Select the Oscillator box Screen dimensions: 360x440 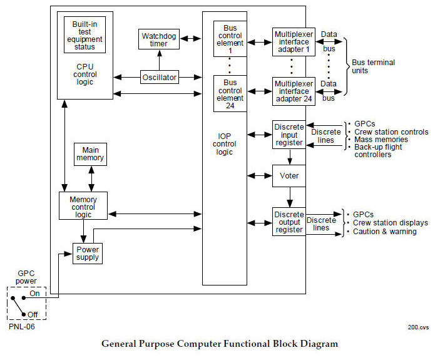click(160, 78)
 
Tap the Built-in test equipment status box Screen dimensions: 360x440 click(84, 34)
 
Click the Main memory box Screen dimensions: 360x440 click(90, 154)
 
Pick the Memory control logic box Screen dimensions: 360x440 click(83, 206)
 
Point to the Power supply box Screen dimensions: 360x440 click(88, 252)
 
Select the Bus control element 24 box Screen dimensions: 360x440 click(230, 93)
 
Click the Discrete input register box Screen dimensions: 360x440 click(289, 135)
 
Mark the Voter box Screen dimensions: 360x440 click(289, 176)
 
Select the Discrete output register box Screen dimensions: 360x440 click(289, 222)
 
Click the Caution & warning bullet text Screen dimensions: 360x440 click(384, 232)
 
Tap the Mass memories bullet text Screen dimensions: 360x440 click(381, 140)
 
